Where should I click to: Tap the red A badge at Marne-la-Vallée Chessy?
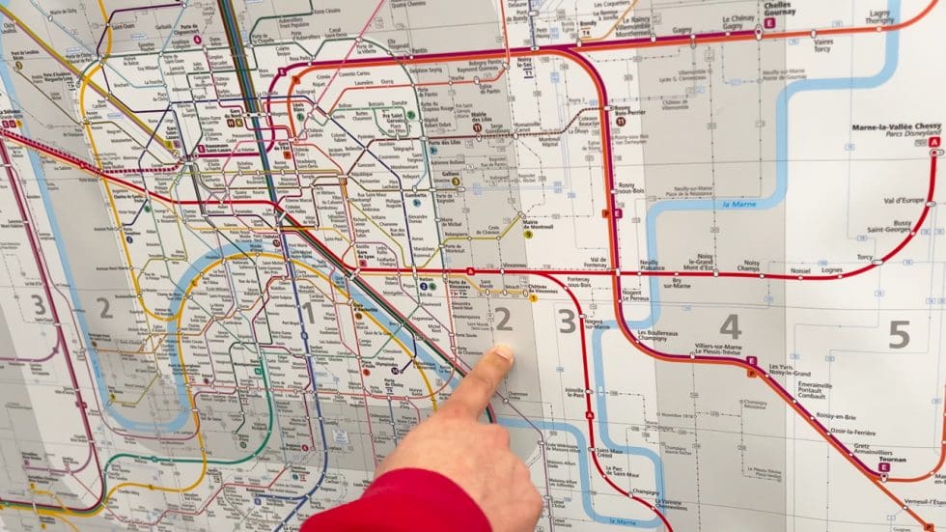[933, 143]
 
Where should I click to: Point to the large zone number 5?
[899, 334]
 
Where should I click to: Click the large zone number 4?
[730, 326]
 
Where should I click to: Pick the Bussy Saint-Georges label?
[881, 226]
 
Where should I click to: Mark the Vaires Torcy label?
[823, 45]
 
